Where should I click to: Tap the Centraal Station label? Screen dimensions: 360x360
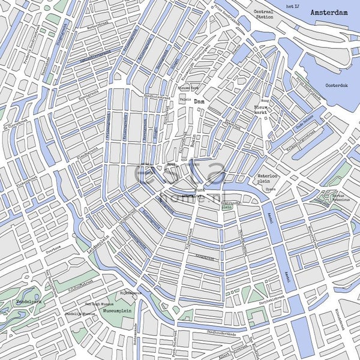[263, 14]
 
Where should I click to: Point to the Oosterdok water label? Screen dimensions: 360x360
[336, 85]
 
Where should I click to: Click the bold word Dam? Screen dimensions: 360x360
[199, 103]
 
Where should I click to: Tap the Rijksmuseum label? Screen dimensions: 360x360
[131, 293]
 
